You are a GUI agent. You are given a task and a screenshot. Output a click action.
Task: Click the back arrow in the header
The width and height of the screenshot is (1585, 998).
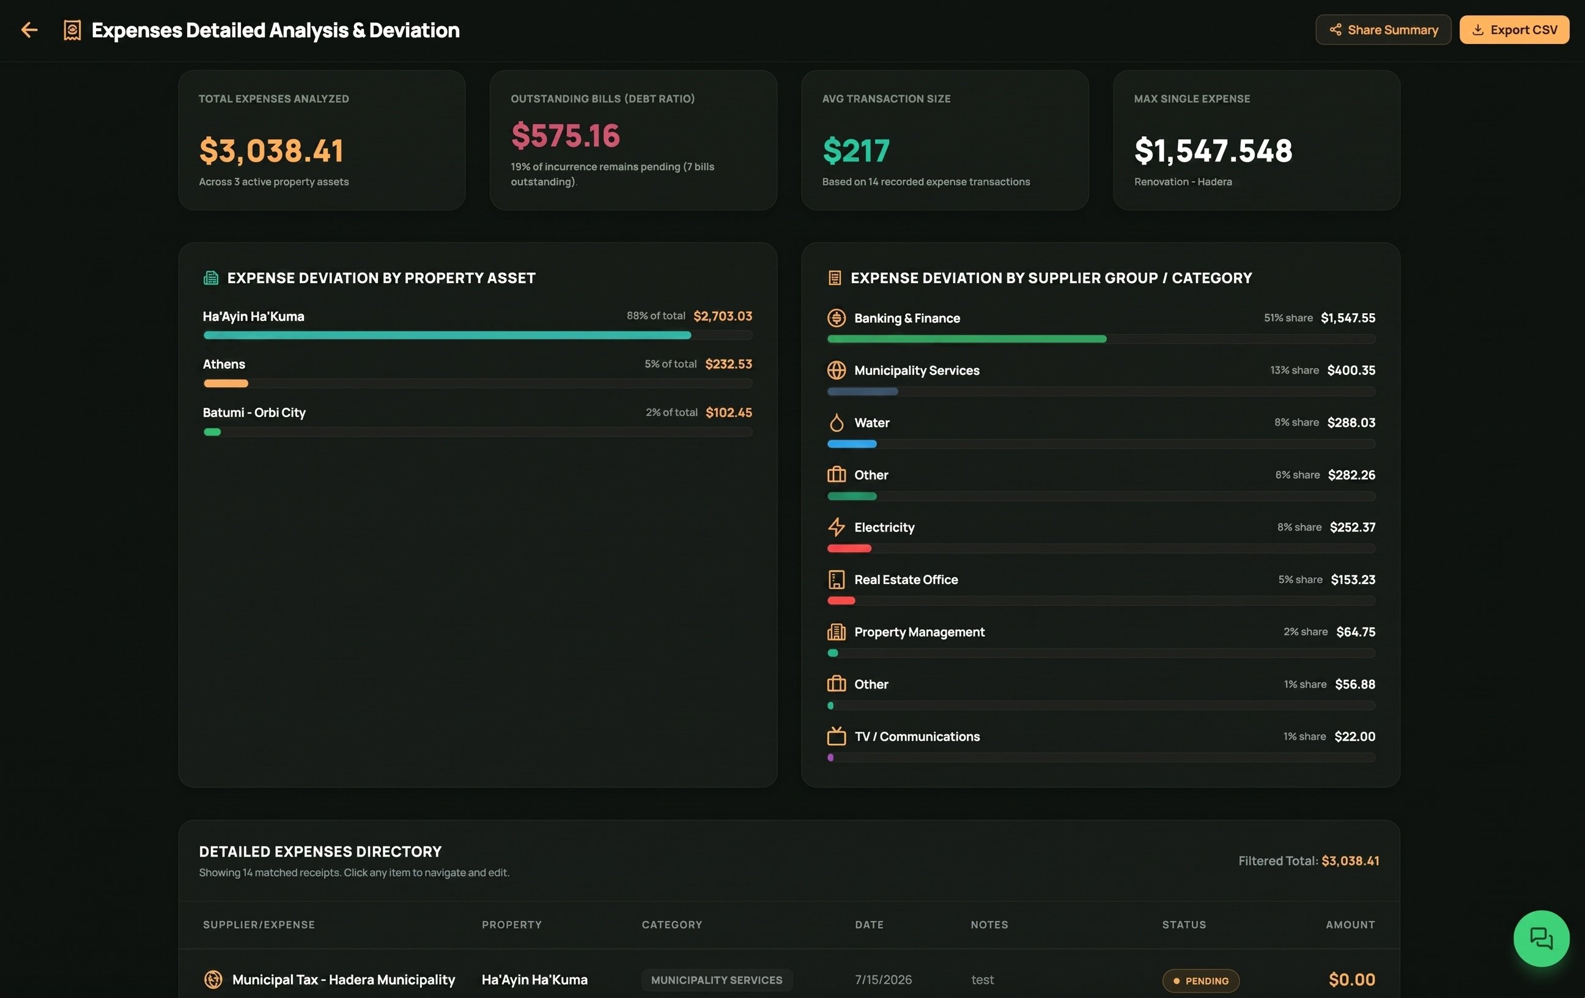[29, 29]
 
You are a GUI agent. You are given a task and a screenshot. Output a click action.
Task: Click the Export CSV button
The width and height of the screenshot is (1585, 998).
[1514, 29]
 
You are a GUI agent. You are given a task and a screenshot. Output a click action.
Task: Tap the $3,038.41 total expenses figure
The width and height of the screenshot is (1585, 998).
[271, 151]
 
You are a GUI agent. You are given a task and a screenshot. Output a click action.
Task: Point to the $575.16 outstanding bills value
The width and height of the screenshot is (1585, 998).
[566, 136]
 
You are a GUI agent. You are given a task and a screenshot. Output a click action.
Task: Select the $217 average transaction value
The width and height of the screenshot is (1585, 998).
[856, 151]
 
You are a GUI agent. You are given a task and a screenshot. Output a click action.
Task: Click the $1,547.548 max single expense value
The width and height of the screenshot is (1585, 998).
[1213, 151]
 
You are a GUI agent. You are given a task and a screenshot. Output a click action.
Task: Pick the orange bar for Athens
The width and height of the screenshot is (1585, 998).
[226, 383]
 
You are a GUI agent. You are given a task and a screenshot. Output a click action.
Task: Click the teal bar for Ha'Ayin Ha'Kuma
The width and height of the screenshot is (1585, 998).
[448, 335]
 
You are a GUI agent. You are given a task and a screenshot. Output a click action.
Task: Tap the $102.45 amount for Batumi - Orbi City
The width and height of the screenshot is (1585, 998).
[729, 413]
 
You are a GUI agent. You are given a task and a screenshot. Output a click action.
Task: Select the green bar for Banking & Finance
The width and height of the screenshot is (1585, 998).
[967, 339]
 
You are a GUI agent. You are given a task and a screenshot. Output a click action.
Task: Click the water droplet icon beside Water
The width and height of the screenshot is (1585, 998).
[836, 423]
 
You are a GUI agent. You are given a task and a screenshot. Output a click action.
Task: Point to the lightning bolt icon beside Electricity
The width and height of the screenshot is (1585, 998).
[836, 527]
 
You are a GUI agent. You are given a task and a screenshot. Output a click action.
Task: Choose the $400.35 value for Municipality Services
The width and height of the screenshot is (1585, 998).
[1351, 371]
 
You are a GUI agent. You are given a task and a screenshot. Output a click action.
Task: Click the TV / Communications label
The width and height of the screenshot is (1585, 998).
[917, 737]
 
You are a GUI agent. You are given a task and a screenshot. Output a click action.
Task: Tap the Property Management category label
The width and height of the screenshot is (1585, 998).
[920, 632]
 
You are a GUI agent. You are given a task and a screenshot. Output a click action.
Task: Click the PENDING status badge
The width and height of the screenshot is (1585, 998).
[1200, 981]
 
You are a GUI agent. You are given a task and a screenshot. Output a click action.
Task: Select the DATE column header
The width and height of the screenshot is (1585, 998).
[869, 925]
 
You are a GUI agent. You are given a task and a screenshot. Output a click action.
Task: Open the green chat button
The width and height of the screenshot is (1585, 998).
[1541, 939]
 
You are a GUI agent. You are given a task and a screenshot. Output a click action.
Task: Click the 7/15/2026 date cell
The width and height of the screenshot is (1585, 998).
[884, 980]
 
